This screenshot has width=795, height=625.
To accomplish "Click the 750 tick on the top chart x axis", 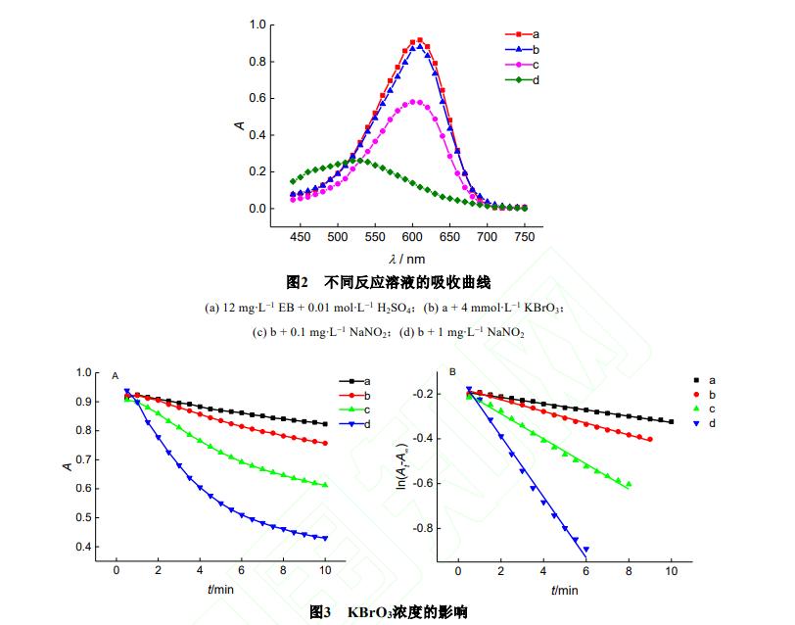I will (x=525, y=236).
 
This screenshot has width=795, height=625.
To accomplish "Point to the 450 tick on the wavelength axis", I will (x=301, y=236).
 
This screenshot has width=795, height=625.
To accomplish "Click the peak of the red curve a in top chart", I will (x=420, y=40).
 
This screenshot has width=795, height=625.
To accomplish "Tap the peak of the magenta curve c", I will (x=416, y=102).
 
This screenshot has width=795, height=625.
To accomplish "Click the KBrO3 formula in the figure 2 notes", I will (x=538, y=307).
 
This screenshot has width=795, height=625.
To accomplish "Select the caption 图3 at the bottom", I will (x=389, y=612).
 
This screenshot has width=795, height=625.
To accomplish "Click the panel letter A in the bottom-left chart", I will (x=116, y=375).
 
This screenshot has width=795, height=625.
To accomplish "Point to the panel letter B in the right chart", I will (x=452, y=372).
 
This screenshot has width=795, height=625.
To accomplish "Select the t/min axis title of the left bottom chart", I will (x=220, y=590).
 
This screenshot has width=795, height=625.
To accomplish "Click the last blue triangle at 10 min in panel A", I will (x=324, y=538).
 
